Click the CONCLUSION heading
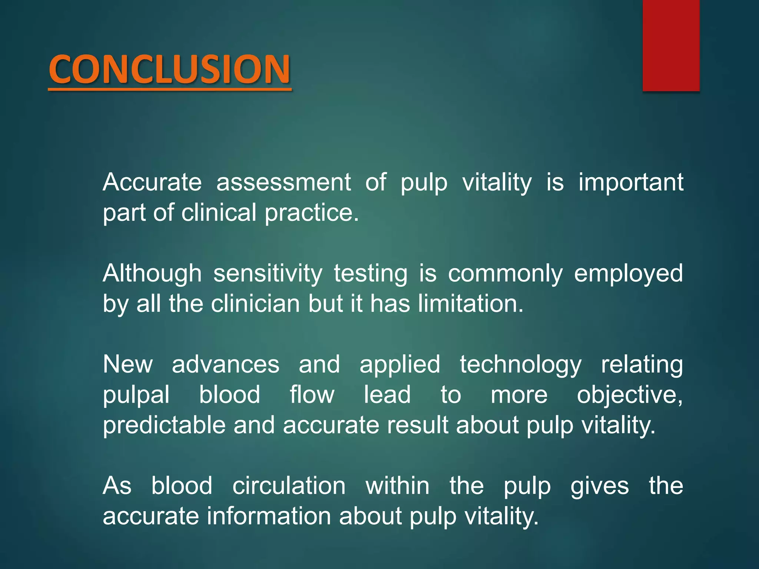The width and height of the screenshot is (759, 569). coord(169,69)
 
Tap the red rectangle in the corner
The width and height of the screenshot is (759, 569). coord(671,45)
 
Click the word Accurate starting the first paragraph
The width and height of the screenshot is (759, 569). coord(152,182)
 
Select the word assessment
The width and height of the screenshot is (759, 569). coord(284,182)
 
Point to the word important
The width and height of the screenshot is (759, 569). coord(631,182)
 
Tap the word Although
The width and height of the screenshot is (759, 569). coord(152,273)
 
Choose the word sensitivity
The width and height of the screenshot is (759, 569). coord(268,273)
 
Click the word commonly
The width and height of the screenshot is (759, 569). coord(505,273)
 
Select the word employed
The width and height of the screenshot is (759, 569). coord(628,273)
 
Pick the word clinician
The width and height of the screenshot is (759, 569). coord(255,304)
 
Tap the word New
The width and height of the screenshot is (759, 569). coord(128,364)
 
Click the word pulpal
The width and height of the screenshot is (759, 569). coord(136,395)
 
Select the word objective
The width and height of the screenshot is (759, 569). coord(629,395)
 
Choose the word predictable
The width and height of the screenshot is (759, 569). coord(164,425)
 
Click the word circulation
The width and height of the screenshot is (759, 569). coord(289,486)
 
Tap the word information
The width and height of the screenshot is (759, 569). coord(268,516)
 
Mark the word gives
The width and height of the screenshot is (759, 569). coord(600,486)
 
